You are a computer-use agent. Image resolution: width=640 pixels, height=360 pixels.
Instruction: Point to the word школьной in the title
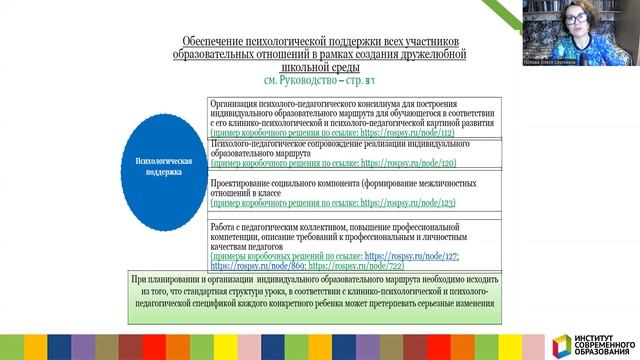point(293,66)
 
